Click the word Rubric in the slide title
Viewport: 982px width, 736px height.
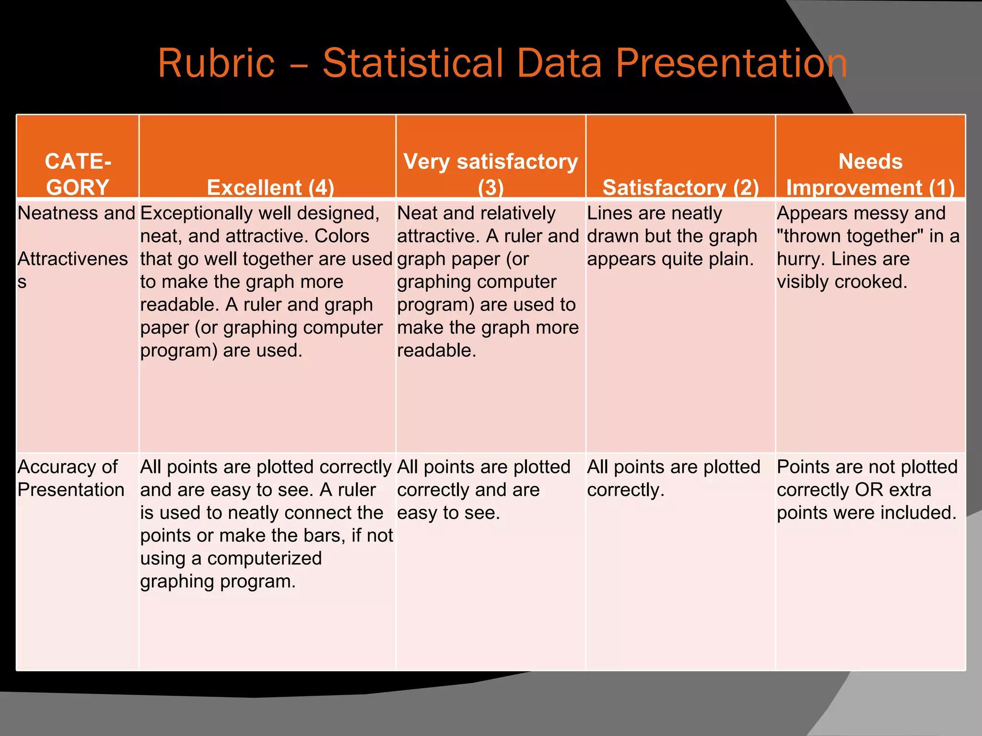(216, 63)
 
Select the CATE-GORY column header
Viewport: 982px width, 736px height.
(78, 174)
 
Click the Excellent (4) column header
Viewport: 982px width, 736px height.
(270, 187)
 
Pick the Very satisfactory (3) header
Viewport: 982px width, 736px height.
(491, 174)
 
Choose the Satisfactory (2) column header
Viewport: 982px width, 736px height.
(680, 187)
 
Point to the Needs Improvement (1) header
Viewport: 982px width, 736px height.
(870, 174)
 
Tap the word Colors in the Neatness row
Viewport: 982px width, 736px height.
(342, 236)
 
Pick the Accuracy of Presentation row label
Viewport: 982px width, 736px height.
(70, 478)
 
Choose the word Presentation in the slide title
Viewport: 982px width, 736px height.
(731, 63)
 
